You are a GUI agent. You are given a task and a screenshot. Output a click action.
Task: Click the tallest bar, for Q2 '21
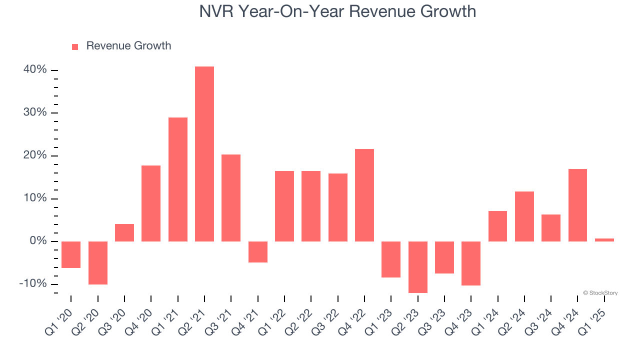[204, 154]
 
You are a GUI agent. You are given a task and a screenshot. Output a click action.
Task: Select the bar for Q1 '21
[178, 179]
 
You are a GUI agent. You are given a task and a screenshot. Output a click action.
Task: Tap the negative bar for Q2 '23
[418, 267]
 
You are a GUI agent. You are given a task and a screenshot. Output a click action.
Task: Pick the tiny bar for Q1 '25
[604, 240]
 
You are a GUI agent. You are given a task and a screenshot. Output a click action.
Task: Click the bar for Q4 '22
[364, 195]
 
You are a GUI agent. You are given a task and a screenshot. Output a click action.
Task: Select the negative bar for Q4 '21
[258, 252]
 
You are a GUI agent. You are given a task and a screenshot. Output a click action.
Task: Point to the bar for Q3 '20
[124, 232]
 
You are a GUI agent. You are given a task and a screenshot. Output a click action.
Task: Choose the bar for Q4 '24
[577, 205]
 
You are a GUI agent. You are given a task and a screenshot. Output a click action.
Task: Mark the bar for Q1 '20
[71, 254]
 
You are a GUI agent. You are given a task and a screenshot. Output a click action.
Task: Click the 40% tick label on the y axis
[35, 69]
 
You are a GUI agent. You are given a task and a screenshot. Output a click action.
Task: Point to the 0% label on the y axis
[38, 241]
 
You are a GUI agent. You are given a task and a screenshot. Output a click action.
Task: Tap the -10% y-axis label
[33, 283]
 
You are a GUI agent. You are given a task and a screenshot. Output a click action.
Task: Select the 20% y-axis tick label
[35, 155]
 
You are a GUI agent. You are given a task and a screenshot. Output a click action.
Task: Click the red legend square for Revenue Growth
[75, 47]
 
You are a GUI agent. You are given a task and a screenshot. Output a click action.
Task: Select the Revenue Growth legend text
[128, 46]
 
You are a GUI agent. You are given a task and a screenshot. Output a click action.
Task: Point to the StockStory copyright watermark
[600, 293]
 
